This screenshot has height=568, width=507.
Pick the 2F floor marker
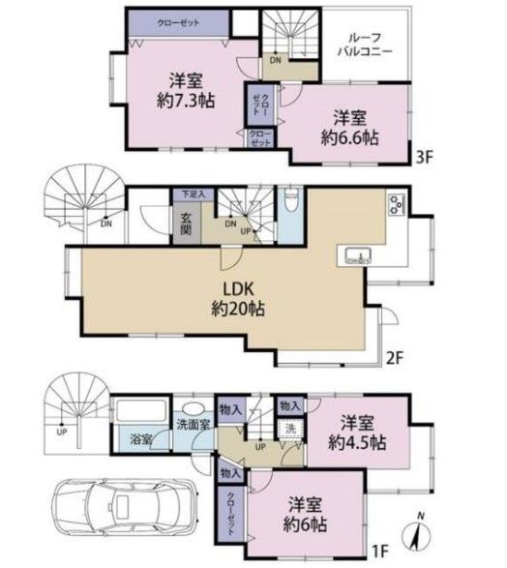pos(395,355)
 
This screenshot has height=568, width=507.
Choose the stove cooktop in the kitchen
pos(396,206)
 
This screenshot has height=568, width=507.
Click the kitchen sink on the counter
pos(356,255)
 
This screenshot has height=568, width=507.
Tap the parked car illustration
pos(114,508)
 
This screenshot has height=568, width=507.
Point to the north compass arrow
pos(417,531)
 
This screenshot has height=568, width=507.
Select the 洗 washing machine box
pos(289,428)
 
